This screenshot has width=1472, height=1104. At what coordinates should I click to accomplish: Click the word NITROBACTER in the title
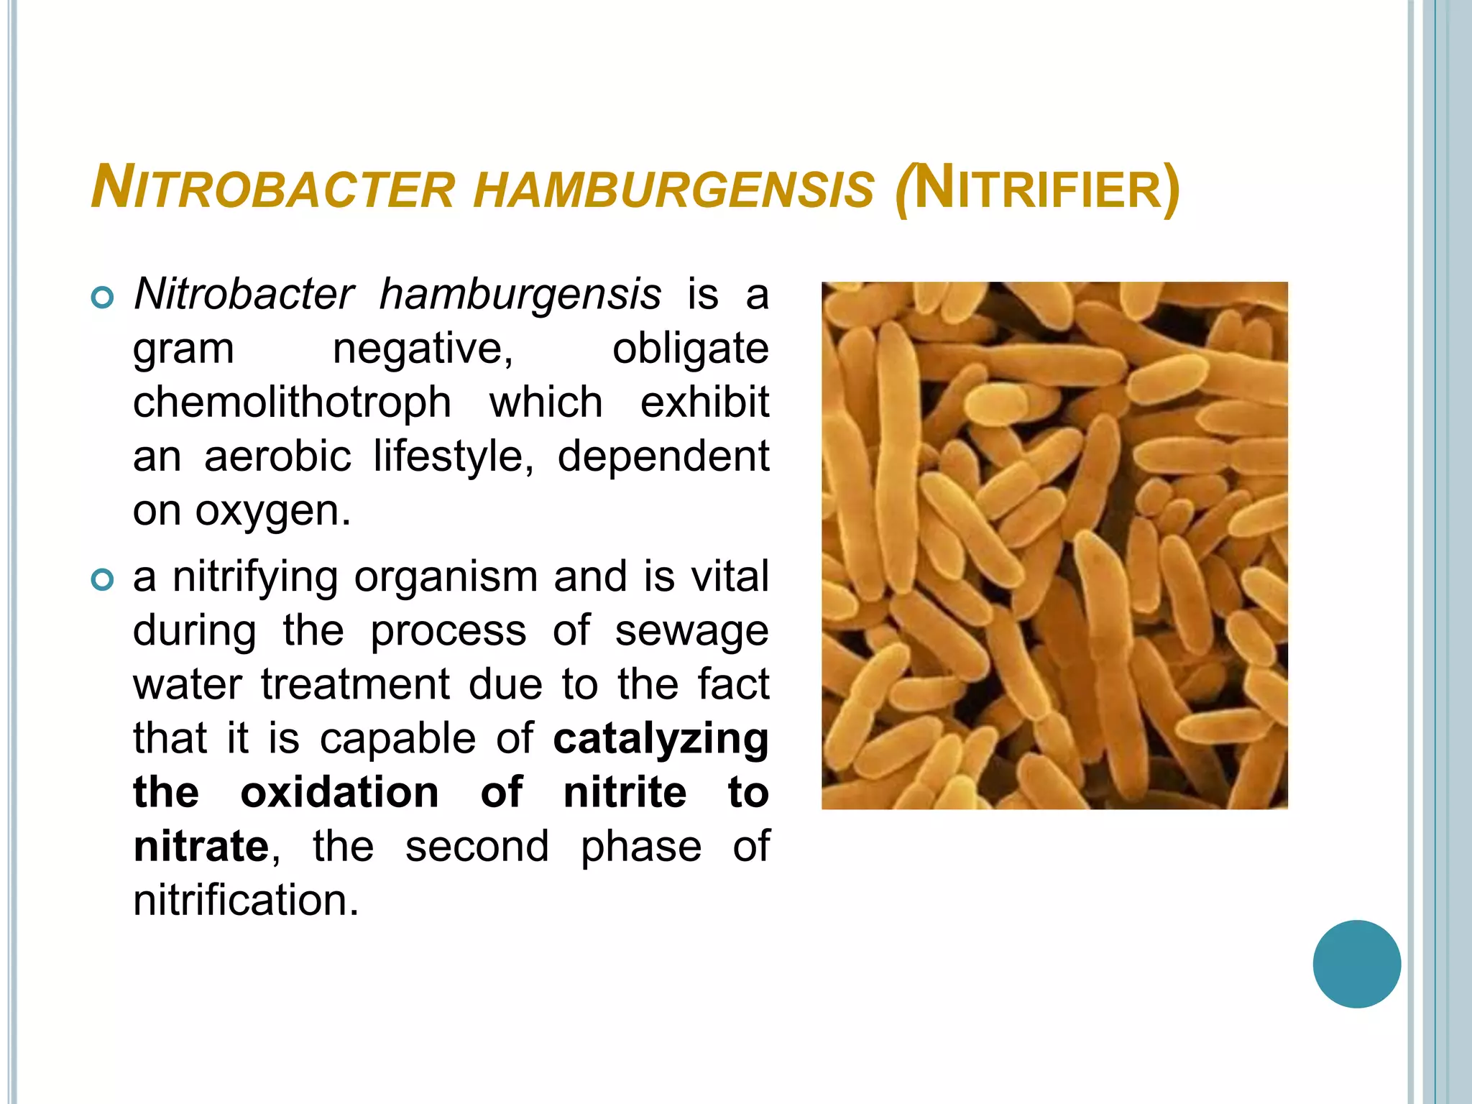pyautogui.click(x=273, y=188)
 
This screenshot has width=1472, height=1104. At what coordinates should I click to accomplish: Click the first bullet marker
pyautogui.click(x=103, y=297)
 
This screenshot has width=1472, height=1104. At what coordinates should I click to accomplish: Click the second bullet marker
pyautogui.click(x=103, y=579)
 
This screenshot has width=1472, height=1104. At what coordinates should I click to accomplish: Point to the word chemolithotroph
pyautogui.click(x=292, y=402)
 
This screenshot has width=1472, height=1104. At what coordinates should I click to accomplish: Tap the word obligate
pyautogui.click(x=690, y=349)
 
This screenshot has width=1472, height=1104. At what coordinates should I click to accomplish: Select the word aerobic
pyautogui.click(x=277, y=456)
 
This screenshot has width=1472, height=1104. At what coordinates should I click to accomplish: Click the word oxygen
pyautogui.click(x=272, y=512)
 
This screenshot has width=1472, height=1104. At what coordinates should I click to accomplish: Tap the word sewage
pyautogui.click(x=691, y=632)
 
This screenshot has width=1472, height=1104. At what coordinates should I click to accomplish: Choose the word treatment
pyautogui.click(x=355, y=684)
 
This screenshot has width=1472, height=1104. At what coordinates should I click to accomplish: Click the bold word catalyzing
pyautogui.click(x=661, y=739)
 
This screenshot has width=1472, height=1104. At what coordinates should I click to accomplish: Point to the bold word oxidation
pyautogui.click(x=339, y=792)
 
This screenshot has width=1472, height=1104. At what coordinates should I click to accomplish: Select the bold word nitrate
pyautogui.click(x=201, y=846)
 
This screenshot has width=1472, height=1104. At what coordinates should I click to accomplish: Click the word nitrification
pyautogui.click(x=246, y=900)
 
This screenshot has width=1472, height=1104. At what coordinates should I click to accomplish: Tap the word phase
pyautogui.click(x=640, y=847)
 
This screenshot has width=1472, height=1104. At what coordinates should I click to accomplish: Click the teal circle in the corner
pyautogui.click(x=1356, y=964)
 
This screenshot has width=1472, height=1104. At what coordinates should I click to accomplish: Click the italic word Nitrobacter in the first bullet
pyautogui.click(x=244, y=294)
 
